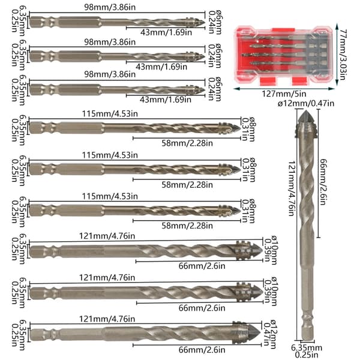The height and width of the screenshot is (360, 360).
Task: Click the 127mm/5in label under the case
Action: [x=284, y=94]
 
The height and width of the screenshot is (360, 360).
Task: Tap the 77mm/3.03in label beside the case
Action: [x=343, y=54]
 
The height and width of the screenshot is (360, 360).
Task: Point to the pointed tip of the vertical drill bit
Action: [x=306, y=110]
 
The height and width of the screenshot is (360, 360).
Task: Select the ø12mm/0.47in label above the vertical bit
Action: [x=306, y=104]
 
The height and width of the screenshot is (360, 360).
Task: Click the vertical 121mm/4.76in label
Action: [x=292, y=188]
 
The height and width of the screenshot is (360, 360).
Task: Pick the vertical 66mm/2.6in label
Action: [x=323, y=182]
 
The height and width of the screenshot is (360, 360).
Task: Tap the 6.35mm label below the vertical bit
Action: [x=307, y=348]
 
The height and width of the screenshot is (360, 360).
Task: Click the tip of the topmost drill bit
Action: [x=204, y=22]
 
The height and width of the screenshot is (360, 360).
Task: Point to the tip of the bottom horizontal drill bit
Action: [x=260, y=332]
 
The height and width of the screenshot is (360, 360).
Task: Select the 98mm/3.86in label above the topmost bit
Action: [x=110, y=7]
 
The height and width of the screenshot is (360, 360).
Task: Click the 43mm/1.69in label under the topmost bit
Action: [x=166, y=32]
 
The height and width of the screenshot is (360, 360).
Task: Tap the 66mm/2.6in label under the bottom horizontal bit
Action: [x=202, y=350]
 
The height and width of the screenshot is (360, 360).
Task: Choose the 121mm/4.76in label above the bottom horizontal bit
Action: [x=107, y=319]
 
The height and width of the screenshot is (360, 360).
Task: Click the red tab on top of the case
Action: [x=283, y=30]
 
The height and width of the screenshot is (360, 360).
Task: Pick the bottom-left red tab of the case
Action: [x=268, y=80]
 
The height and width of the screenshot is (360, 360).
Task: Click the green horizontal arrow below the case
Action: [x=284, y=88]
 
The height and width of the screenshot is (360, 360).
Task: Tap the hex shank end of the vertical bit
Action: [x=307, y=339]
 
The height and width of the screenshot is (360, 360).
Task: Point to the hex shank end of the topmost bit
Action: [x=31, y=22]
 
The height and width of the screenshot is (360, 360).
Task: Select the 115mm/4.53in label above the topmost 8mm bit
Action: [x=110, y=113]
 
